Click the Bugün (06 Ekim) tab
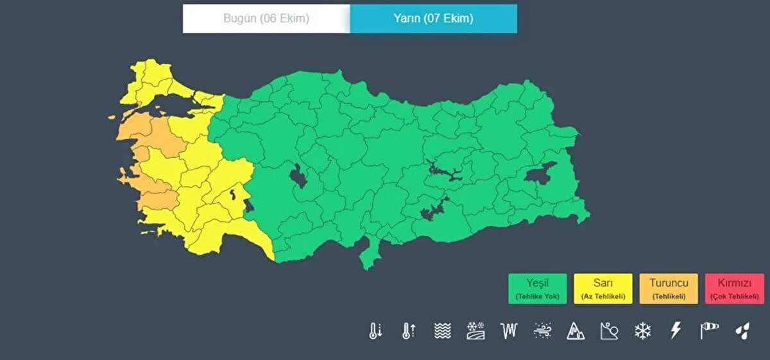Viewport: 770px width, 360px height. point(266,19)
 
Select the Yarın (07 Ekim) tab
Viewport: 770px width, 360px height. point(433,19)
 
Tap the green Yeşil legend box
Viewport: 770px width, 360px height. point(538,289)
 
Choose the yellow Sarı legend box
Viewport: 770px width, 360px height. point(604,289)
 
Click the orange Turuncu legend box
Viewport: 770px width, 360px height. point(669,289)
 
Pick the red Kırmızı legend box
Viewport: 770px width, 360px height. point(734,289)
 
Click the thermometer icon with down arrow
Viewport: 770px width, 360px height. point(375,331)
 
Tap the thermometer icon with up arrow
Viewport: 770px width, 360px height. point(409,331)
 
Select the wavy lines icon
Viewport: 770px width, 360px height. point(443,331)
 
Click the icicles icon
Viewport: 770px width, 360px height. point(509,331)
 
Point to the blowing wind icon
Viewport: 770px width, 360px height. point(542,331)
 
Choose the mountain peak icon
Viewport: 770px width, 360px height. point(576,331)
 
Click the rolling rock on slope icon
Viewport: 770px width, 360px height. point(609,331)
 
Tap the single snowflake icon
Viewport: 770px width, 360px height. point(642,331)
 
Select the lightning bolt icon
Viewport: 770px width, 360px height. point(676,331)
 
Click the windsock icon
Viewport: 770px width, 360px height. point(709,331)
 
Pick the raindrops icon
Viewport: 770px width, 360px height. point(742,331)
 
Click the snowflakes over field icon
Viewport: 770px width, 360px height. point(475,331)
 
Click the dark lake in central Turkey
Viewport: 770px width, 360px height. point(298,175)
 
